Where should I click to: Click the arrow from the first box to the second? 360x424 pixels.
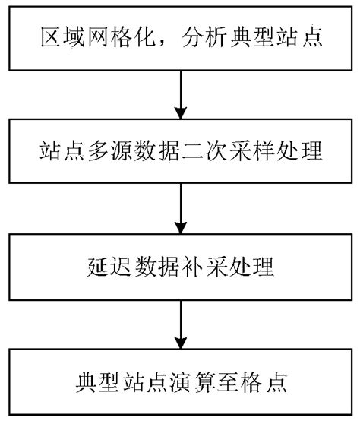tap(180, 94)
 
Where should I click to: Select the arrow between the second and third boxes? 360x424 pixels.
tap(180, 210)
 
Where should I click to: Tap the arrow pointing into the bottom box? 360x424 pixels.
tap(180, 326)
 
